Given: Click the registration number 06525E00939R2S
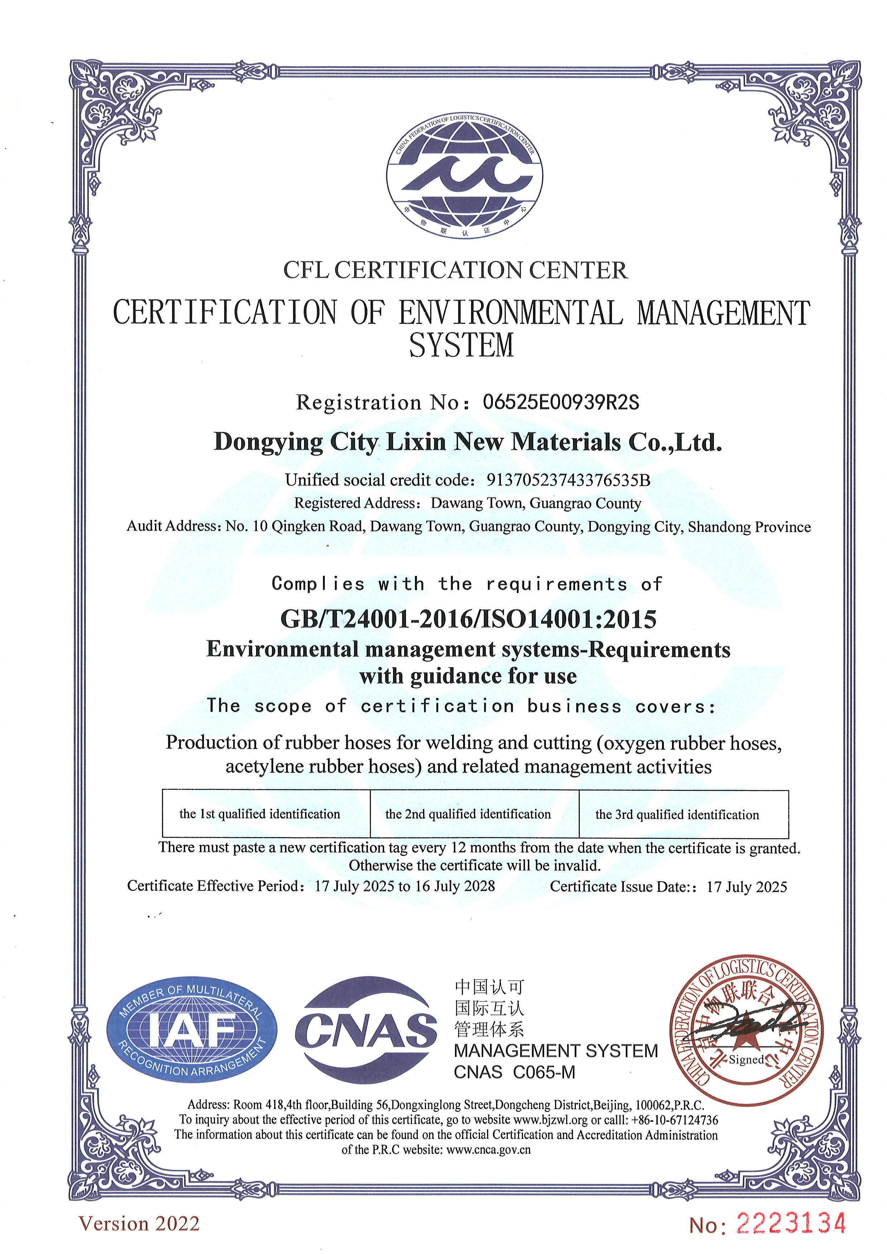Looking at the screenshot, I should click(x=560, y=403).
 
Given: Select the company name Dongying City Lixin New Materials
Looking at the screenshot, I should click(x=467, y=442).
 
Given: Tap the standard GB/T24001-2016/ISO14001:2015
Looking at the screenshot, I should click(x=468, y=619).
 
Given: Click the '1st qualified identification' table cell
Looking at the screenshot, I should click(x=260, y=814).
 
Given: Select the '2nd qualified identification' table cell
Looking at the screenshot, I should click(x=468, y=814).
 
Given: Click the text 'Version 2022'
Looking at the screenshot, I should click(x=139, y=1223).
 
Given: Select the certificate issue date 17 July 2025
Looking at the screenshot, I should click(x=747, y=886).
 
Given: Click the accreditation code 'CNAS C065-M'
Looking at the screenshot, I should click(x=515, y=1072).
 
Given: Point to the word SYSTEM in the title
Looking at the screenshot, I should click(x=461, y=345).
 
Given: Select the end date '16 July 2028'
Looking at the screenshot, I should click(x=455, y=886).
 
